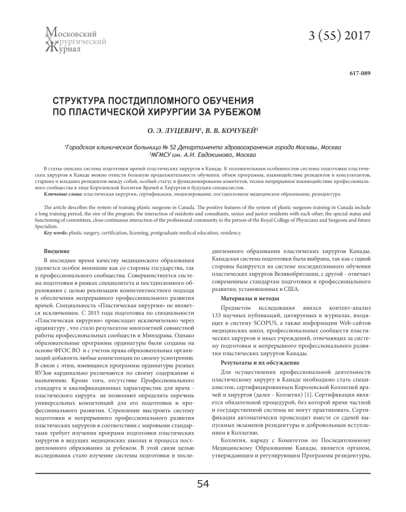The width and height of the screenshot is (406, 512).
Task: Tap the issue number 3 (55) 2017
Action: pos(335,35)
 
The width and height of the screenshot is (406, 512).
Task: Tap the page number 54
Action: pos(203,484)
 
